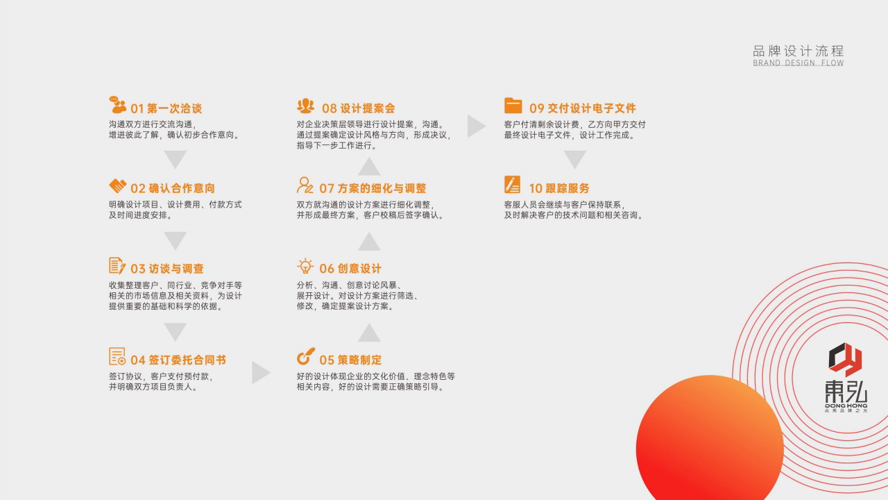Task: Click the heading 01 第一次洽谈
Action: coord(166,108)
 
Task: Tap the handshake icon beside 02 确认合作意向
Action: coord(118,185)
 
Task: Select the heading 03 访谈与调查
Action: coord(167,269)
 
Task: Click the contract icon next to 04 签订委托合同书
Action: coord(117,356)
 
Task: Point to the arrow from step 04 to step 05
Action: coord(261,373)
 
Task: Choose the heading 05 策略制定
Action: coord(350,360)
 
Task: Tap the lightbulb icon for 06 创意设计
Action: coord(305,266)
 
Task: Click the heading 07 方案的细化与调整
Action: coord(373,188)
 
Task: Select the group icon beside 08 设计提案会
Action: coord(306,106)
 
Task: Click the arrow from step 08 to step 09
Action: coord(477,126)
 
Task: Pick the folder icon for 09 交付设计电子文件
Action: coord(513,106)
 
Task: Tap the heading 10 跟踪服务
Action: coord(559,188)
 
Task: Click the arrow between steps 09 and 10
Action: coord(575,160)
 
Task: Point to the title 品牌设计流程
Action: coord(799,51)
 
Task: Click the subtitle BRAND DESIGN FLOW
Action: coord(799,63)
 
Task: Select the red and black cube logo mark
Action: coord(845,360)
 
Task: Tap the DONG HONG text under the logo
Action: coord(846,406)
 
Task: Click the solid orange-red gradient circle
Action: coord(710,440)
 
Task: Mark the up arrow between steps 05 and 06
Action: coord(369,332)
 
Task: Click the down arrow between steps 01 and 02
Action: coord(176,160)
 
